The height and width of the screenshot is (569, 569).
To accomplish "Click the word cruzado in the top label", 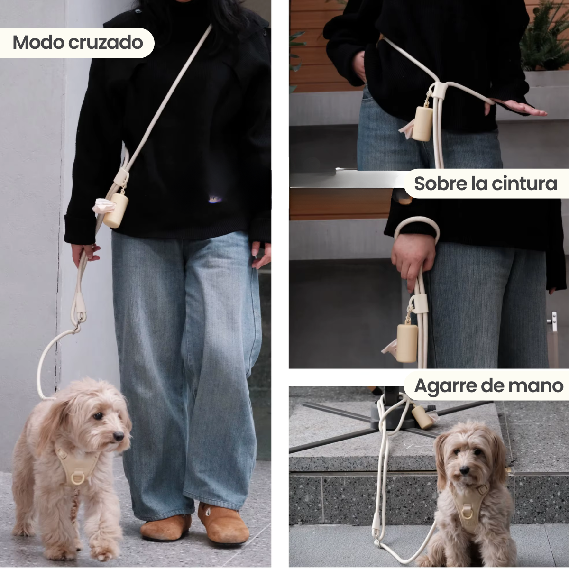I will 105,43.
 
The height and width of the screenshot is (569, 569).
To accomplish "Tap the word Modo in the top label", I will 38,43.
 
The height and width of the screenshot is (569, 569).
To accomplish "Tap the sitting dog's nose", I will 464,470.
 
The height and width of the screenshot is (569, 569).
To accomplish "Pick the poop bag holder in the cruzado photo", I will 116,210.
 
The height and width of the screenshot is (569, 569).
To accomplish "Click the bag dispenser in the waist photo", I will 422,123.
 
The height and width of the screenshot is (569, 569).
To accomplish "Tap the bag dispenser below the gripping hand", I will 406,343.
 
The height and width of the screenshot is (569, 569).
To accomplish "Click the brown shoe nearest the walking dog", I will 165,527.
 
